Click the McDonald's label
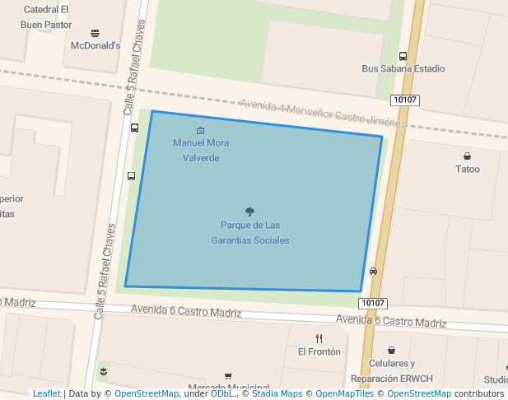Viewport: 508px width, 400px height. pos(96,45)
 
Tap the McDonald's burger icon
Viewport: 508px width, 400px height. pos(96,33)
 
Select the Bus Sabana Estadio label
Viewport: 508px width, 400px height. pos(403,69)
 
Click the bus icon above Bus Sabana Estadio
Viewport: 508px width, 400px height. pos(403,56)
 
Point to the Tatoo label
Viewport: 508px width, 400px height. pos(468,170)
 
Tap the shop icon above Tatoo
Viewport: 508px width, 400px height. pos(468,156)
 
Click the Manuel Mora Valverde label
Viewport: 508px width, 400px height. pos(201,150)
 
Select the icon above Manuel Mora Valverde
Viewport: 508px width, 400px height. pos(201,130)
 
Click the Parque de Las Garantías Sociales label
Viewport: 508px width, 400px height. pos(250,232)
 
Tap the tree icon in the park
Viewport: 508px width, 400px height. pos(249,212)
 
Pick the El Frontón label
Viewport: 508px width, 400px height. pos(319,351)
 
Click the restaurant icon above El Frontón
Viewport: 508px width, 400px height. pos(319,338)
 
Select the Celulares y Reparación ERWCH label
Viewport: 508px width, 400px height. pos(391,371)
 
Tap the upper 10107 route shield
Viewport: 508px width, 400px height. pos(405,100)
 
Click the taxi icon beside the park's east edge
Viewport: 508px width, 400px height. pos(374,271)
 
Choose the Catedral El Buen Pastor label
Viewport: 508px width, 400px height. pos(46,17)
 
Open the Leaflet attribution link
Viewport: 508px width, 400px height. pos(46,393)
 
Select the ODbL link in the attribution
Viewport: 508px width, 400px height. pos(222,393)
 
